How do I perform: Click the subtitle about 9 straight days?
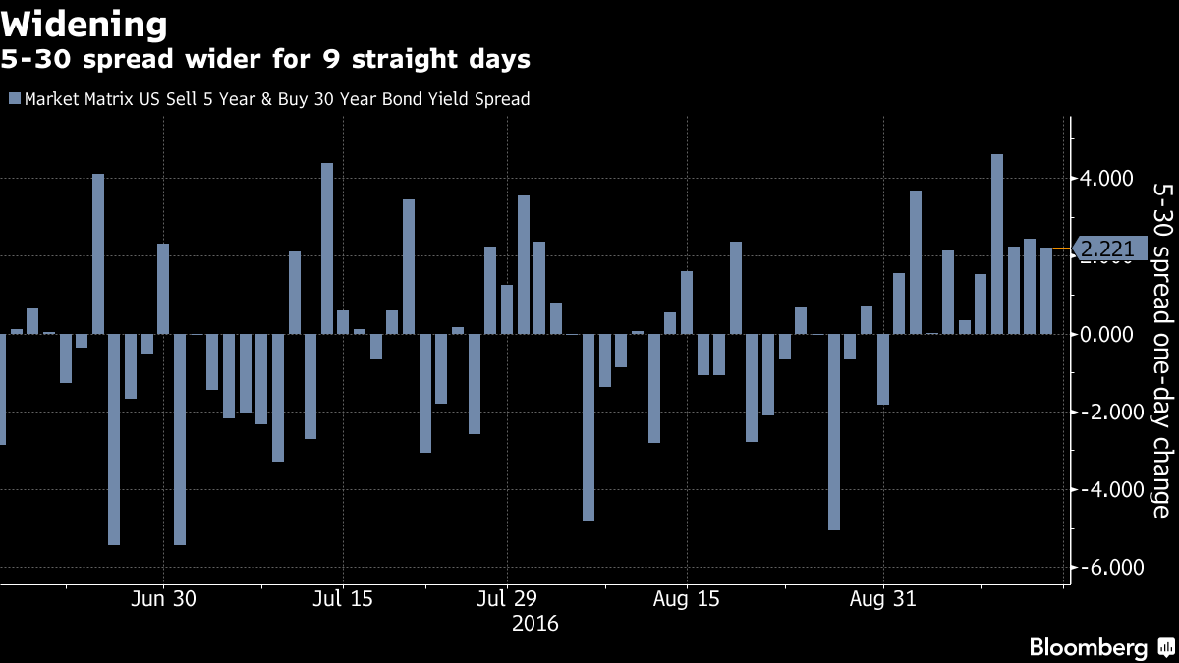[x=265, y=60]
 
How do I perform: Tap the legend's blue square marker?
[x=13, y=99]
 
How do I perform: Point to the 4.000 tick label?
[x=1114, y=179]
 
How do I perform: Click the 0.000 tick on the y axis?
[x=1114, y=334]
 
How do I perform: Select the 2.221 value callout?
[x=1109, y=250]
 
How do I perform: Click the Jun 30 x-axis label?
[x=163, y=599]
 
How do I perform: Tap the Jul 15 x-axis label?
[x=343, y=599]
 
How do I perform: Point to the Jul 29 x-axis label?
[x=507, y=599]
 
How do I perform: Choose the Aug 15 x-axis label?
[x=686, y=599]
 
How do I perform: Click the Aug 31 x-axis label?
[x=883, y=599]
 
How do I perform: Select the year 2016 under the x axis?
[x=535, y=623]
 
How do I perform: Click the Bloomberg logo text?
[x=1088, y=647]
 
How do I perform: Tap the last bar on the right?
[x=1046, y=291]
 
